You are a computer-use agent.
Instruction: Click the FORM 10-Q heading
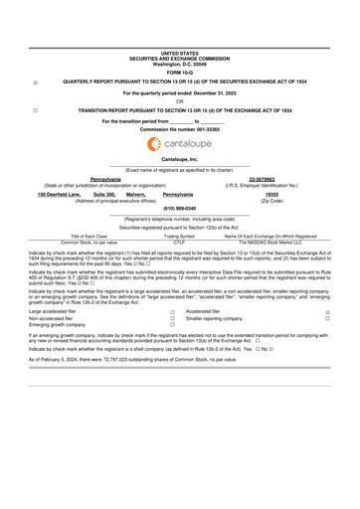pos(179,73)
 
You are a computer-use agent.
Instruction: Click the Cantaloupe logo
pos(179,144)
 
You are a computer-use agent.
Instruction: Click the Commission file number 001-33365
pos(179,129)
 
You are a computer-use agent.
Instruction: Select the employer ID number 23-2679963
pos(270,178)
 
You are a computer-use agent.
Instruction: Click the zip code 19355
pos(270,194)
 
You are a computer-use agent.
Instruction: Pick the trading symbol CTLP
pos(179,242)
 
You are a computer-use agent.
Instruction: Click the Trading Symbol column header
pos(179,236)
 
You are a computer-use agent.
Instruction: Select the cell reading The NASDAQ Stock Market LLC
pos(270,242)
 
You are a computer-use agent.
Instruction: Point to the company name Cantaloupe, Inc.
pos(179,159)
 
